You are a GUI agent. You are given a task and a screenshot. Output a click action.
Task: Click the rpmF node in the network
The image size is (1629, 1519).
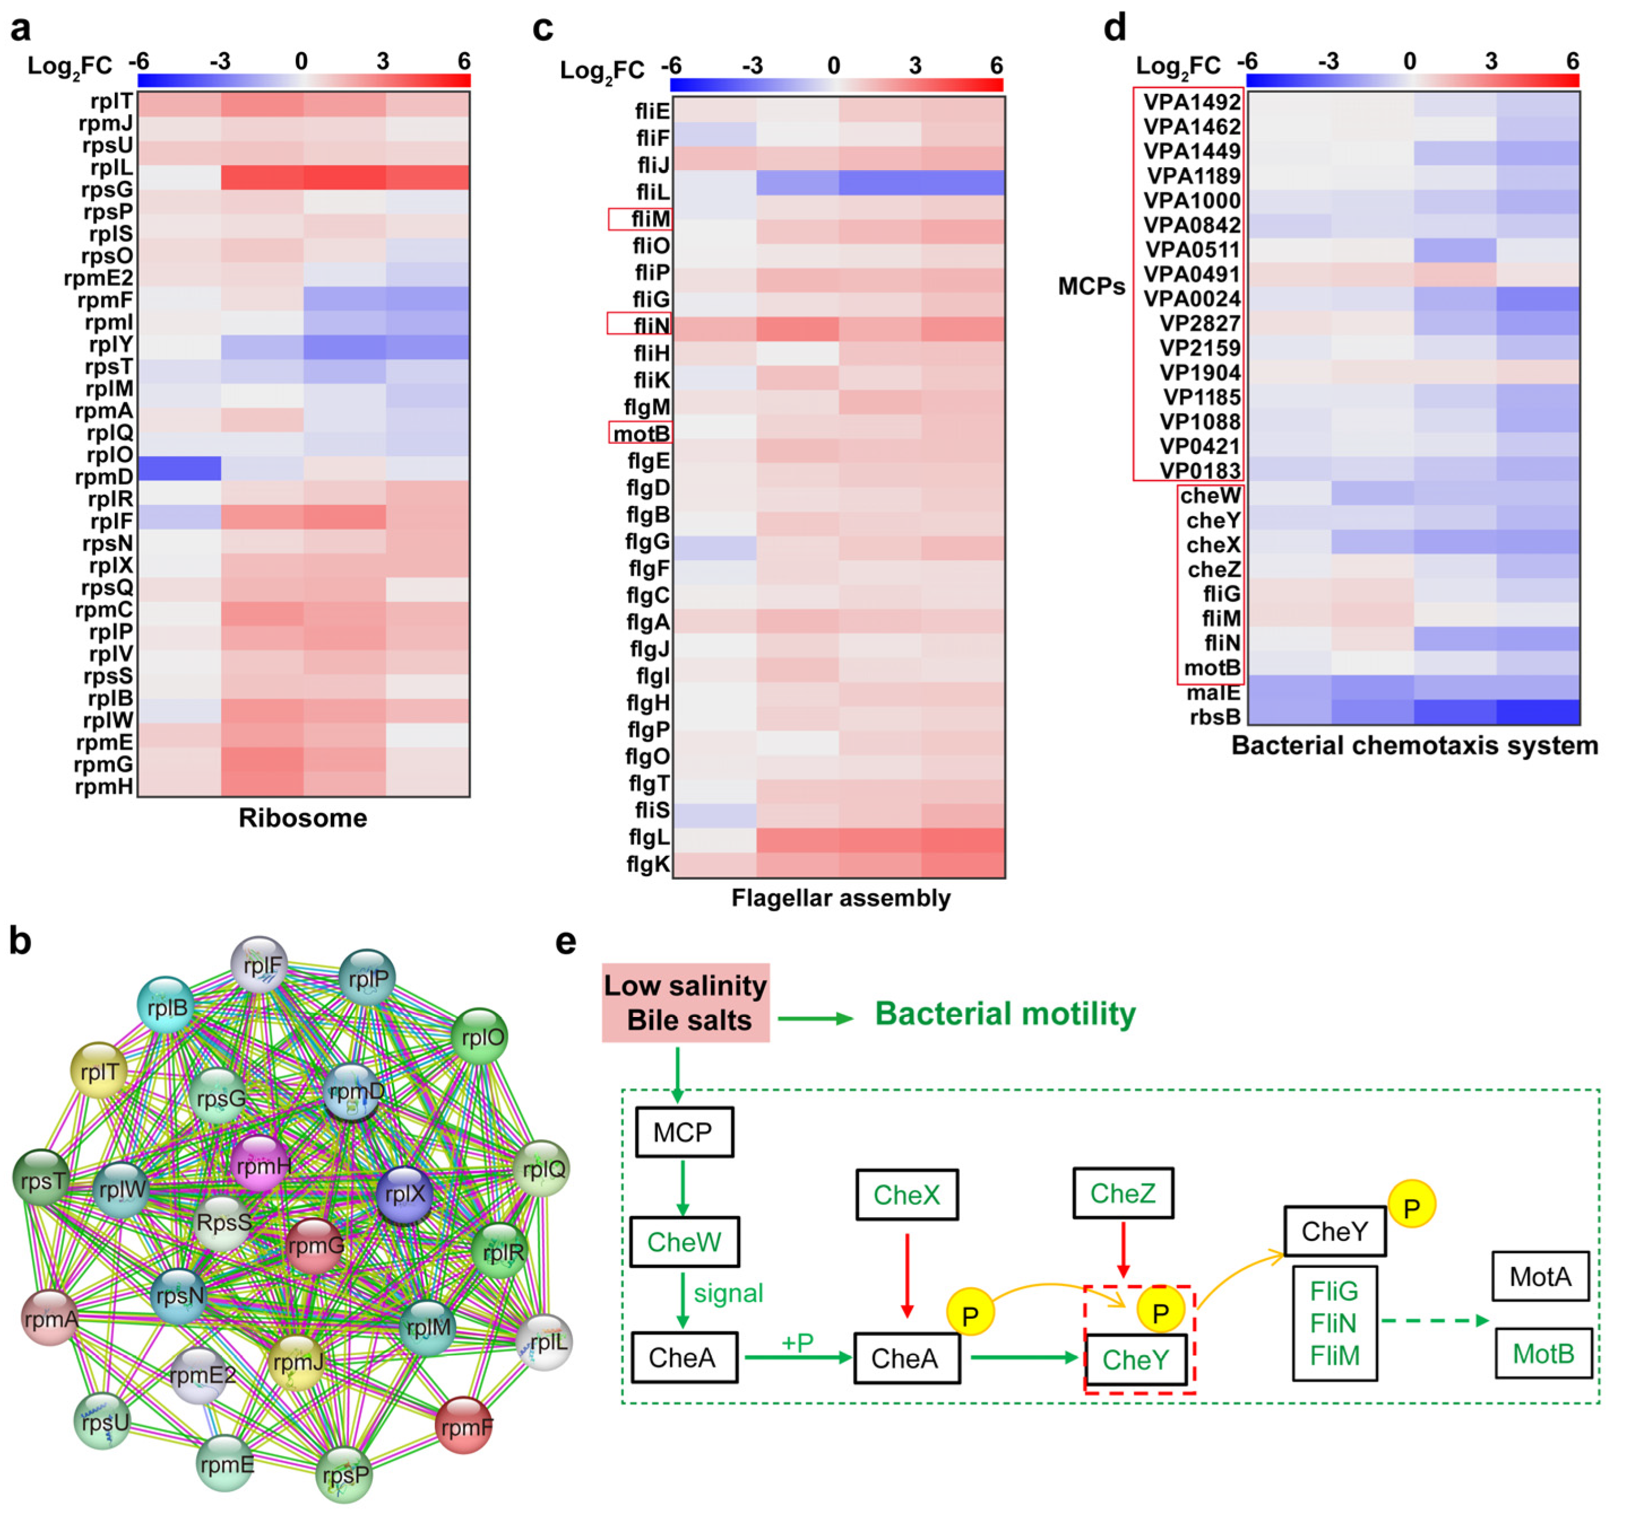464,1426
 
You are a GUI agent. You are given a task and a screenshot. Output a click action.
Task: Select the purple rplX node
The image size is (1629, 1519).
405,1195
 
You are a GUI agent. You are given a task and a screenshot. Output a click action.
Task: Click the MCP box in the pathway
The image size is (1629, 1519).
684,1132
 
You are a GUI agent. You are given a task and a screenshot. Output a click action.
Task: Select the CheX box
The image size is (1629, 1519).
906,1195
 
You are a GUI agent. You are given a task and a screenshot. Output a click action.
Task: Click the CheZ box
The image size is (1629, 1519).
1122,1193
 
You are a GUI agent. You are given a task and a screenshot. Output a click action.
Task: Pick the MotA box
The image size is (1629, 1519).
1540,1276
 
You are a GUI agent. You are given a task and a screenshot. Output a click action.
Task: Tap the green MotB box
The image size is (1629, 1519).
1543,1353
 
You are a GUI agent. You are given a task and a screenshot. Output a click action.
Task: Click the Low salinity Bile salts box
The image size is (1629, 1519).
686,1003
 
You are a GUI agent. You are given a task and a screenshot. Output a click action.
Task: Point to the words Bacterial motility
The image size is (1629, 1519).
1005,1014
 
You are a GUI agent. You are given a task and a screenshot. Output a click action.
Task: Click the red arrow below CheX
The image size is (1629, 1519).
907,1274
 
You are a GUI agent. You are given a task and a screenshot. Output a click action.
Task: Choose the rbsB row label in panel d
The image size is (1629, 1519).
1215,717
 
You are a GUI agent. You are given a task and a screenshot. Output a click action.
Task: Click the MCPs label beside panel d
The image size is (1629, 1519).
1091,287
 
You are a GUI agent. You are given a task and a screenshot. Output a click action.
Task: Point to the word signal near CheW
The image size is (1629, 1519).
728,1293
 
